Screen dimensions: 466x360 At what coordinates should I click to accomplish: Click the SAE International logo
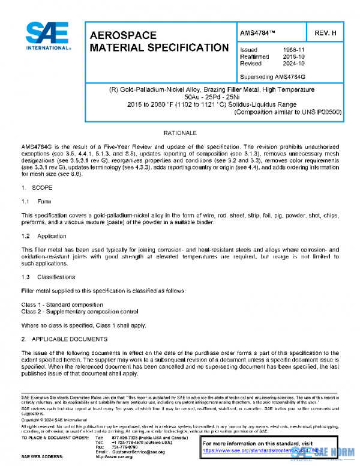46,37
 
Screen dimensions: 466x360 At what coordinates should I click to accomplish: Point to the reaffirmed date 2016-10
294,56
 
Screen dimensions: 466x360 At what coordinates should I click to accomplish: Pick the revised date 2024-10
294,63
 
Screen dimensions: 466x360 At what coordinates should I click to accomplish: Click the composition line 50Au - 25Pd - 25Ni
212,97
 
